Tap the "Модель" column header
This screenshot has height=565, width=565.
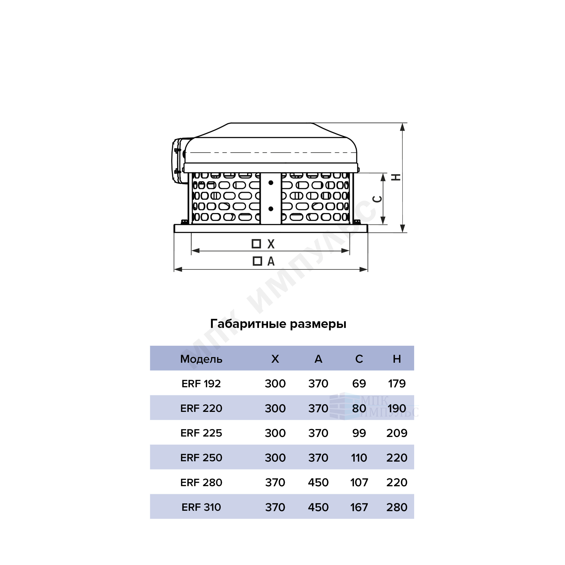point(201,359)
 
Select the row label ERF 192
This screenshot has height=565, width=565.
point(201,383)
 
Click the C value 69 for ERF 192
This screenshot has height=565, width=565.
point(359,383)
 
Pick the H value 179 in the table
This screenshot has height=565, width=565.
point(397,383)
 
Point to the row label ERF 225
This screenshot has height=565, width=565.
point(201,433)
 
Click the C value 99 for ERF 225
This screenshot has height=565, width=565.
point(359,433)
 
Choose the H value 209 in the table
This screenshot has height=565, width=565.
point(397,433)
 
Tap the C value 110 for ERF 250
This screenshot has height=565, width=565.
point(359,458)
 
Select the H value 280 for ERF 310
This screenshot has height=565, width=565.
point(397,507)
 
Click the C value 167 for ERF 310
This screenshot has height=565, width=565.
point(359,507)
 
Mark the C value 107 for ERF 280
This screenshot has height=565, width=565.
point(359,482)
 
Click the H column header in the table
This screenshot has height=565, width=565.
point(397,359)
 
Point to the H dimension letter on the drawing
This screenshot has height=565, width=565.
point(396,177)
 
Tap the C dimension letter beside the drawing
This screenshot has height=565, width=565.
point(377,199)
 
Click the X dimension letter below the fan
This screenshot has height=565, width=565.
point(271,244)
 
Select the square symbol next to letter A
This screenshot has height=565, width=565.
point(257,261)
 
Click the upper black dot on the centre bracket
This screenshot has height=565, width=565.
point(271,183)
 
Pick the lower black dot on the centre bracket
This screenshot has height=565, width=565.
point(271,209)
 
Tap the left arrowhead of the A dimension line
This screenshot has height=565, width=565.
point(178,269)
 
